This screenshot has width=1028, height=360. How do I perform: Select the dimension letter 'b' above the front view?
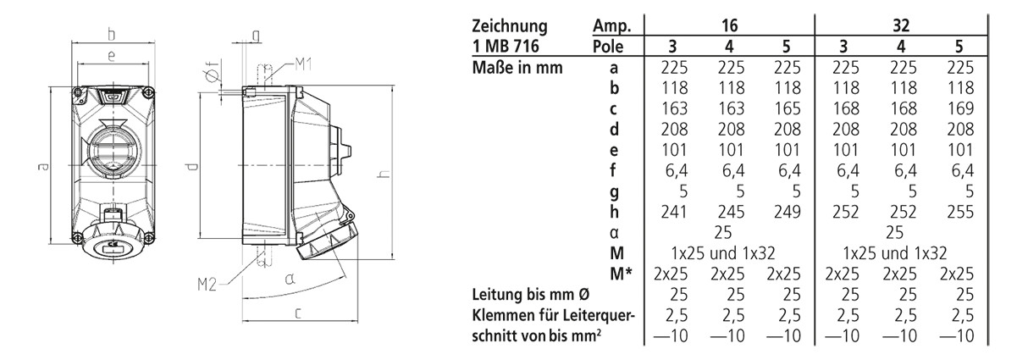(111, 35)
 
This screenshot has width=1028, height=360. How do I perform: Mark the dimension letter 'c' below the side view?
(298, 313)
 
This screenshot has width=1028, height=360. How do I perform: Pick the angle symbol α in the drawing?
(290, 278)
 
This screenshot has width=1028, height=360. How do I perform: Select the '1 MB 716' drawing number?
(508, 46)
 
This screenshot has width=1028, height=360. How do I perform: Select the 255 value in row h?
(958, 212)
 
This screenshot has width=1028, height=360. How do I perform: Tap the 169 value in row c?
(958, 108)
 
